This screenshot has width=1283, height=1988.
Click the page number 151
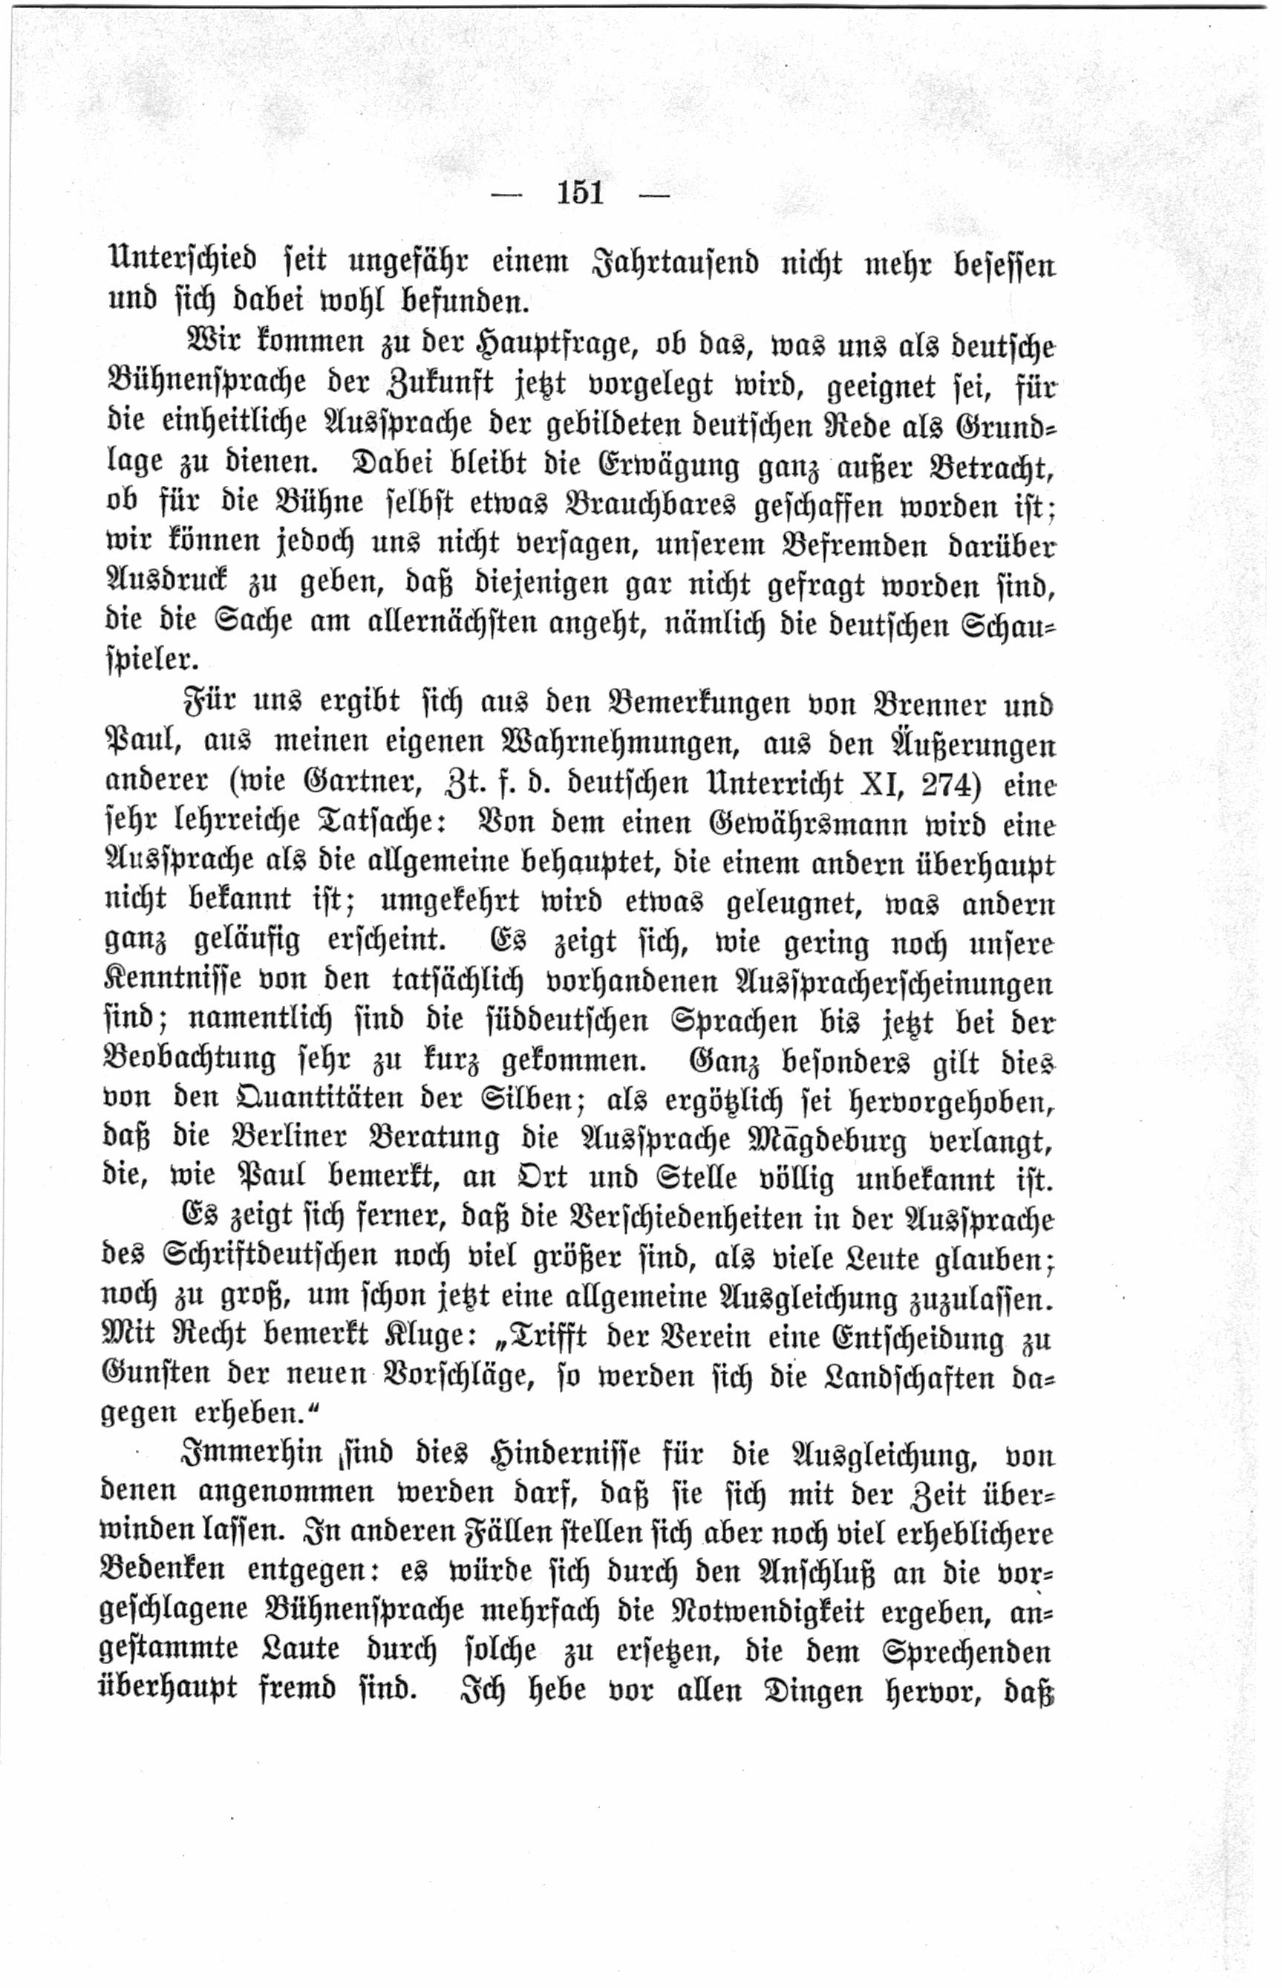coord(580,192)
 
